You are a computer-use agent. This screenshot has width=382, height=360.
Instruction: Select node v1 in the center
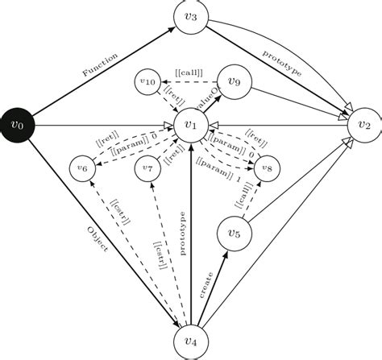[x=191, y=125]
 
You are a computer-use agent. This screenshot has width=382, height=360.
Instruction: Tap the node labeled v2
[x=364, y=125]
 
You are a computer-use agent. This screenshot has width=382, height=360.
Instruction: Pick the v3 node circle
[x=191, y=18]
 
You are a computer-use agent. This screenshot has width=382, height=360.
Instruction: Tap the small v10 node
[x=147, y=81]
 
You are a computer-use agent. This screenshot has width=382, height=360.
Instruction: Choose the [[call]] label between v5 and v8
[x=242, y=196]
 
